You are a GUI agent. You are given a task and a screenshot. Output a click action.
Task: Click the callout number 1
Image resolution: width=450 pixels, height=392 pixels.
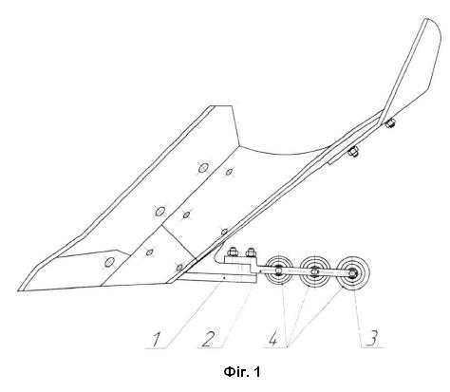tap(157, 339)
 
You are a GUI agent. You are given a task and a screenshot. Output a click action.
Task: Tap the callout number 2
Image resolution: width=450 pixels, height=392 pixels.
tap(209, 339)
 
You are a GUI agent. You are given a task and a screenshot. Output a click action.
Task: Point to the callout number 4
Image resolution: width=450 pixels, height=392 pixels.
tap(273, 339)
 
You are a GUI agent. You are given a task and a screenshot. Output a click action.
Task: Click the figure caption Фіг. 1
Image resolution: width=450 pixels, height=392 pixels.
tap(242, 372)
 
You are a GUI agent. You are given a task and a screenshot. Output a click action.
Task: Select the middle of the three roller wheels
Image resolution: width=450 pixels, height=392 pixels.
tap(314, 271)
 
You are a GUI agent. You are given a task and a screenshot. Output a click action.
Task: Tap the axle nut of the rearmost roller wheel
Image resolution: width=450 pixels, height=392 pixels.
tap(352, 272)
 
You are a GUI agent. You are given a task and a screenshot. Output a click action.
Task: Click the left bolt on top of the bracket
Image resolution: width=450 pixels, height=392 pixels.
tap(233, 252)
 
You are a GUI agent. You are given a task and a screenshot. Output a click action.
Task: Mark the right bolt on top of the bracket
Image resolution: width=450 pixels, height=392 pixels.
tap(251, 252)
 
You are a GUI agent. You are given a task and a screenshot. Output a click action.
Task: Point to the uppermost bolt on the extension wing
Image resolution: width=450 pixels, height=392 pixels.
tap(390, 122)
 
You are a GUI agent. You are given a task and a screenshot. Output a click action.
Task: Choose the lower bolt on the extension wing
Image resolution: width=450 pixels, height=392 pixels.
tap(353, 152)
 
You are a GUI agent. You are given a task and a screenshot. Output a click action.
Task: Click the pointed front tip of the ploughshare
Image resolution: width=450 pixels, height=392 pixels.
tap(18, 290)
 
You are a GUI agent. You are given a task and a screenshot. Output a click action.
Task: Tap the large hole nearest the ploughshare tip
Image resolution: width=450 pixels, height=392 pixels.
tap(110, 262)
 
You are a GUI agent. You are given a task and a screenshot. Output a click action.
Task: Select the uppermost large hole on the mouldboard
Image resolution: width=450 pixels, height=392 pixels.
tap(203, 168)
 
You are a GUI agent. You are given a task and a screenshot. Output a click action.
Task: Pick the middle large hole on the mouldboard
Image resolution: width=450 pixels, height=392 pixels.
tap(160, 211)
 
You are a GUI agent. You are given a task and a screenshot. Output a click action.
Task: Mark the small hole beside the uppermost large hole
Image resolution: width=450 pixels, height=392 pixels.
tap(229, 172)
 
